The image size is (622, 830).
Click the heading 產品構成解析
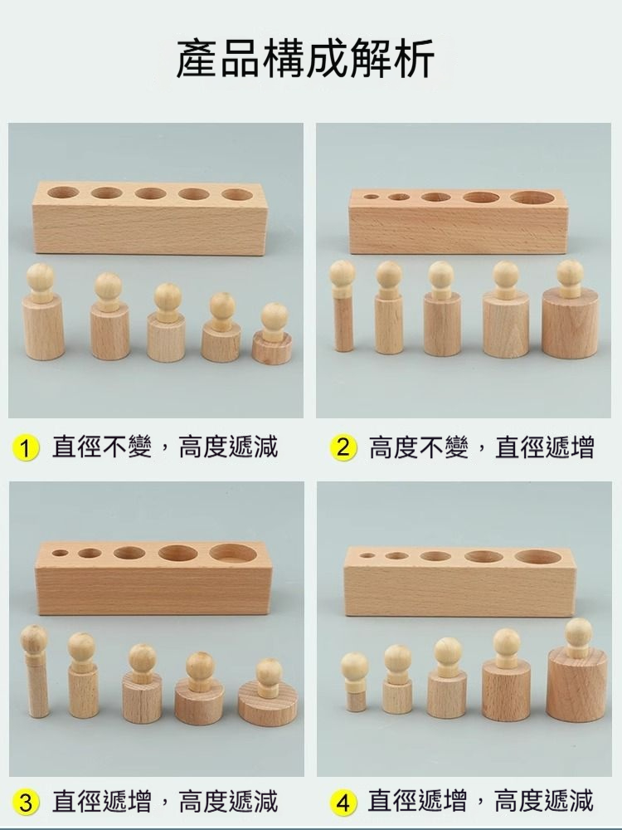[x=306, y=58]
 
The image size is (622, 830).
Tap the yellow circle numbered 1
[x=26, y=448]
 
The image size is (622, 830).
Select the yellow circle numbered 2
[x=343, y=448]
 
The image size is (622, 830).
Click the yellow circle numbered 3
[x=26, y=802]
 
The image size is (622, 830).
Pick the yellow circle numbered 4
[x=343, y=802]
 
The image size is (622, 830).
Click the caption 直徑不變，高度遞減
[x=164, y=447]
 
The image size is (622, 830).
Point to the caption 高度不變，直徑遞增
[x=481, y=447]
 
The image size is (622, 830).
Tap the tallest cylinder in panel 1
[x=42, y=312]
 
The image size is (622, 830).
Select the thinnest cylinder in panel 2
[x=343, y=306]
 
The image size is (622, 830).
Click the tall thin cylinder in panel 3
[x=36, y=671]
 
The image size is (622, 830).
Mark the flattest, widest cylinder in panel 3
[x=268, y=692]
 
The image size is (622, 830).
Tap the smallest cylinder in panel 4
[x=355, y=682]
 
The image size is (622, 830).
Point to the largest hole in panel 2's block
[x=532, y=198]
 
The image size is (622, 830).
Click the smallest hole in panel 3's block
[x=61, y=553]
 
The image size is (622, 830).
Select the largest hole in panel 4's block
[x=538, y=556]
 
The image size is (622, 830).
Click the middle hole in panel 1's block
[x=151, y=193]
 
